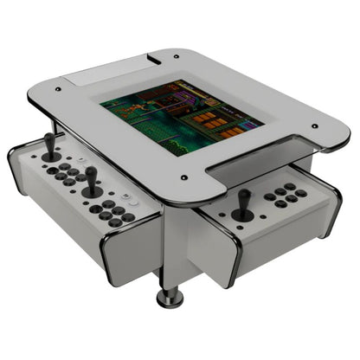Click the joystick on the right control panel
pyautogui.click(x=244, y=203)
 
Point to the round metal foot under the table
pyautogui.click(x=170, y=299)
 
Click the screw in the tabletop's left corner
pyautogui.click(x=57, y=88)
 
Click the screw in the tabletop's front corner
pyautogui.click(x=184, y=178)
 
